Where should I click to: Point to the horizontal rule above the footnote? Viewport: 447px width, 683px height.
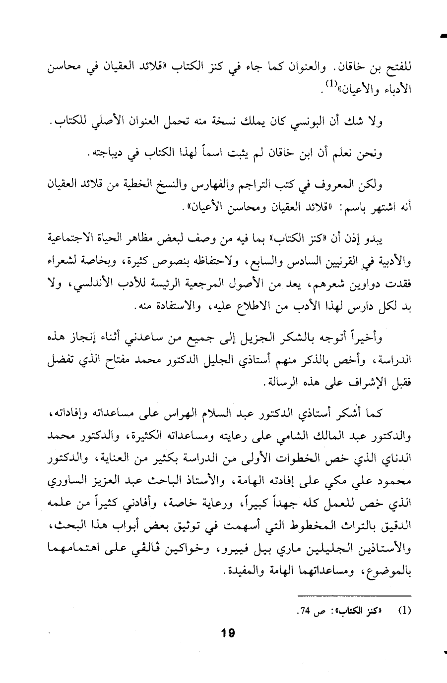(355, 595)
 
